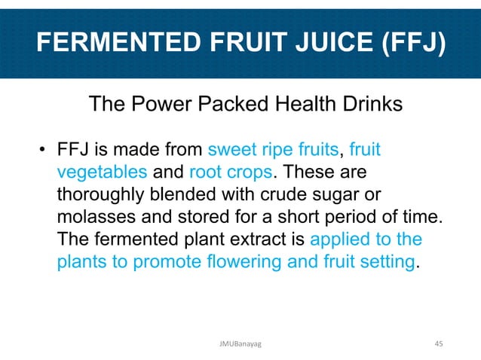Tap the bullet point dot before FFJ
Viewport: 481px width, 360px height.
(x=45, y=148)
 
